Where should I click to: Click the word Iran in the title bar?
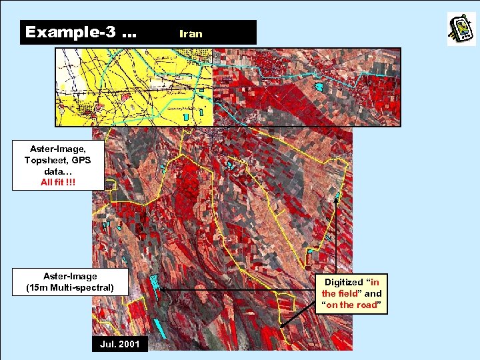[x=191, y=33]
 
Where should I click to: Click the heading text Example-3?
[x=69, y=32]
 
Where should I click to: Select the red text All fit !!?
[x=57, y=181]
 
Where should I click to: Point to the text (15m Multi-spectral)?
[x=71, y=288]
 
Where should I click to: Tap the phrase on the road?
[x=351, y=305]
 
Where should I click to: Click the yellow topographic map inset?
[x=133, y=87]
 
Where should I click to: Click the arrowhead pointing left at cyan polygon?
[x=162, y=291]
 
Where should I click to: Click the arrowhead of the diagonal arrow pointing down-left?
[x=283, y=326]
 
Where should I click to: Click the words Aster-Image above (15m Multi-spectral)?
[x=71, y=276]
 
